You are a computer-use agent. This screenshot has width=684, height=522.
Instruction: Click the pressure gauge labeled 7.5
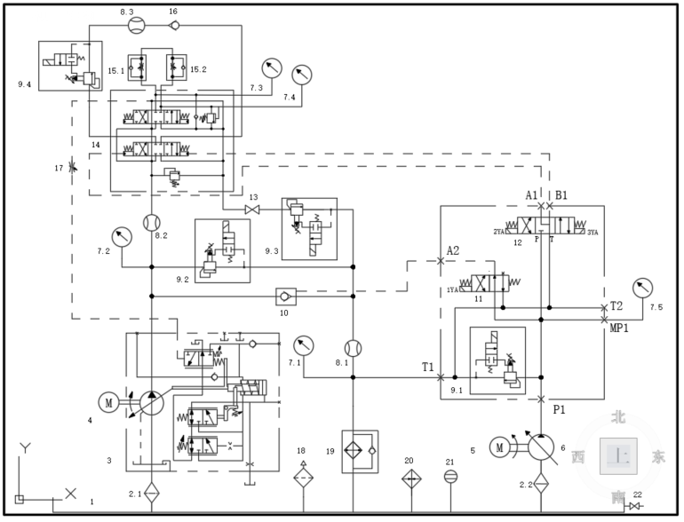pyautogui.click(x=640, y=289)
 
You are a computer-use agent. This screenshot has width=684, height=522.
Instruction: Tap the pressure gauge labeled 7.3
pyautogui.click(x=271, y=68)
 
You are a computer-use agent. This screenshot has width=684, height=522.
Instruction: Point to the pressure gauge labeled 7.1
pyautogui.click(x=304, y=344)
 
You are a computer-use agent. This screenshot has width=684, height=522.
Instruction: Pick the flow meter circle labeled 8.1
pyautogui.click(x=353, y=347)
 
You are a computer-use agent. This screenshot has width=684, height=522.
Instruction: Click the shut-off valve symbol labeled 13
pyautogui.click(x=252, y=210)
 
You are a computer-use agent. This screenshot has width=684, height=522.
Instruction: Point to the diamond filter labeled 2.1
pyautogui.click(x=151, y=490)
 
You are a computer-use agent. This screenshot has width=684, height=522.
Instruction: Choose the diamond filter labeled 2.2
pyautogui.click(x=541, y=484)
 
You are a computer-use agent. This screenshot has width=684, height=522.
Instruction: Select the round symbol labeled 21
pyautogui.click(x=450, y=477)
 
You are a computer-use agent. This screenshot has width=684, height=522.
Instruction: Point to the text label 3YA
pyautogui.click(x=594, y=232)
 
